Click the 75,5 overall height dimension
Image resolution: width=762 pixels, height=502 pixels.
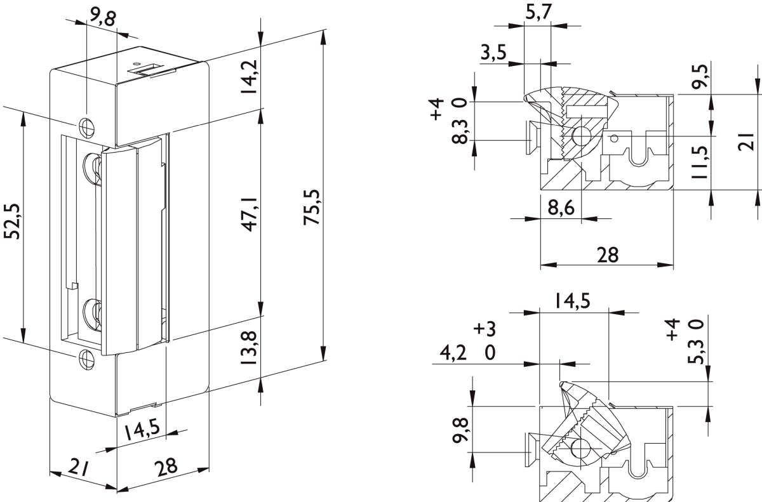click(x=312, y=207)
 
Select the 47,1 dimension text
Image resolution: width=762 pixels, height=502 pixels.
click(x=248, y=214)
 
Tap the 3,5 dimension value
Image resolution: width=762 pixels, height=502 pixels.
click(x=494, y=53)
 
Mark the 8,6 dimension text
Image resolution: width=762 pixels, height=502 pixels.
click(x=560, y=207)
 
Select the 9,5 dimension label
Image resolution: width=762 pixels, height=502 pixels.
click(x=720, y=77)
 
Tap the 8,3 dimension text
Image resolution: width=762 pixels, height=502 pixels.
click(x=462, y=130)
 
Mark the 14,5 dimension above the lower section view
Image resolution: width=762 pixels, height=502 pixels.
click(x=573, y=301)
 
